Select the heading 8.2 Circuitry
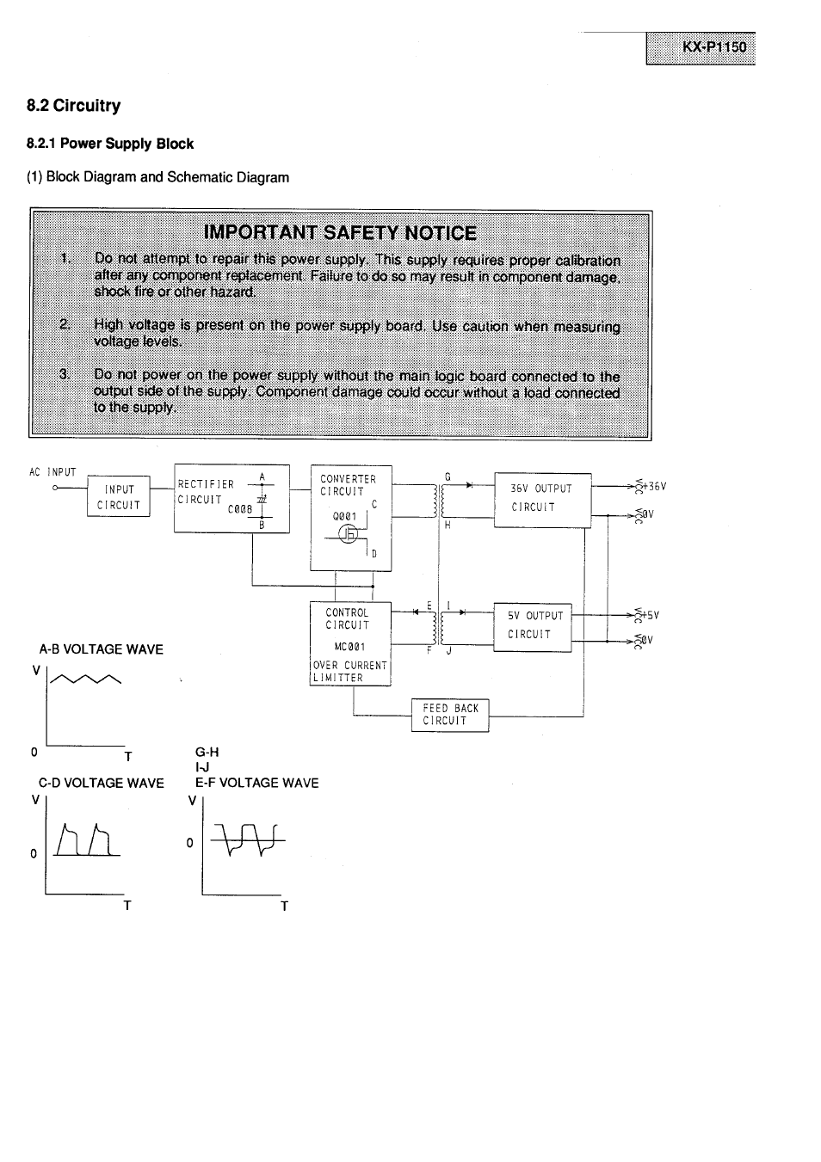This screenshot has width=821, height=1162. pos(74,106)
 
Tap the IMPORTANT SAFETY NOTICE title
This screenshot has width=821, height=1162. pos(340,233)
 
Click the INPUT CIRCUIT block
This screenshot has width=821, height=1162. pos(119,497)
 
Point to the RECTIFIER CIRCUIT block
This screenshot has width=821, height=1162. pos(231,498)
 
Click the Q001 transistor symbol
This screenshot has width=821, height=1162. pos(349,534)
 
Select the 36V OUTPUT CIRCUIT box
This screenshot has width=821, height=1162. pos(542,499)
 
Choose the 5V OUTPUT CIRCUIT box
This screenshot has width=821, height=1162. pos(532,626)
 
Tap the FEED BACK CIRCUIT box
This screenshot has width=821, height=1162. pos(450,715)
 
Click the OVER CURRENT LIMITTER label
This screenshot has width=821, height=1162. pos(349,672)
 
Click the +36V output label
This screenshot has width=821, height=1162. pos(654,486)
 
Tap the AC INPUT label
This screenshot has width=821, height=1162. pos(52,472)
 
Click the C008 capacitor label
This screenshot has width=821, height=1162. pos(239,509)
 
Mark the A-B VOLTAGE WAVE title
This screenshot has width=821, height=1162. pos(102,649)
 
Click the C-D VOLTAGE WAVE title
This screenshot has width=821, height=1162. pos(102,783)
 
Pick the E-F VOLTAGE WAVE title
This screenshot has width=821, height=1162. pos(257,783)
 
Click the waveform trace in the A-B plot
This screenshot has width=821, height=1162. pos(86,680)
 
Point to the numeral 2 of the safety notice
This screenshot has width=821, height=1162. pos(64,324)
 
